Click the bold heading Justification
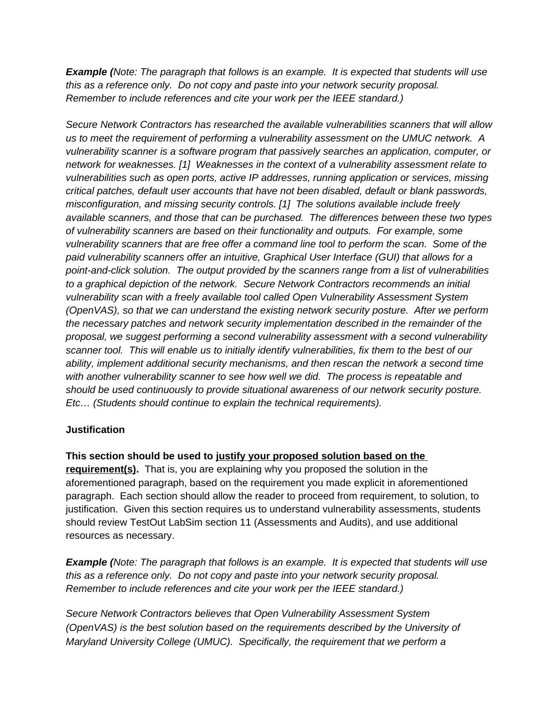tap(95, 430)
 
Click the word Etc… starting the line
tap(77, 403)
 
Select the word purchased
tap(281, 218)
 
